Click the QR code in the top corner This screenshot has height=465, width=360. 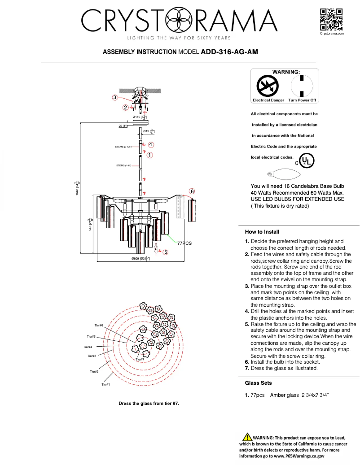(332, 19)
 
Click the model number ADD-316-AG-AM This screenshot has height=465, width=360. (229, 52)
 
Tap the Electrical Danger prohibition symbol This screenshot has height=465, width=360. (268, 85)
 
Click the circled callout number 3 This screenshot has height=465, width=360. (115, 97)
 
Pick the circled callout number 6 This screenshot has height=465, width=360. (192, 191)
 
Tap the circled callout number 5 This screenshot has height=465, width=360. (166, 252)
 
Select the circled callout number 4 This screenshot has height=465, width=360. (151, 144)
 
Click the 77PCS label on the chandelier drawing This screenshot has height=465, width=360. (184, 243)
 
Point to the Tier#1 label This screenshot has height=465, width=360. (106, 384)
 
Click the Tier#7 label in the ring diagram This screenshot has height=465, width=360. (140, 359)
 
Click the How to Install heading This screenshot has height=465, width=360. (262, 232)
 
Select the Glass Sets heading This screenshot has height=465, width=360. (258, 383)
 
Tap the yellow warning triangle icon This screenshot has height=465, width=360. (246, 437)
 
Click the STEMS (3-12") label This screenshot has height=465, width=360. (123, 147)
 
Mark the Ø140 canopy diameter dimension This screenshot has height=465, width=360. (140, 117)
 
